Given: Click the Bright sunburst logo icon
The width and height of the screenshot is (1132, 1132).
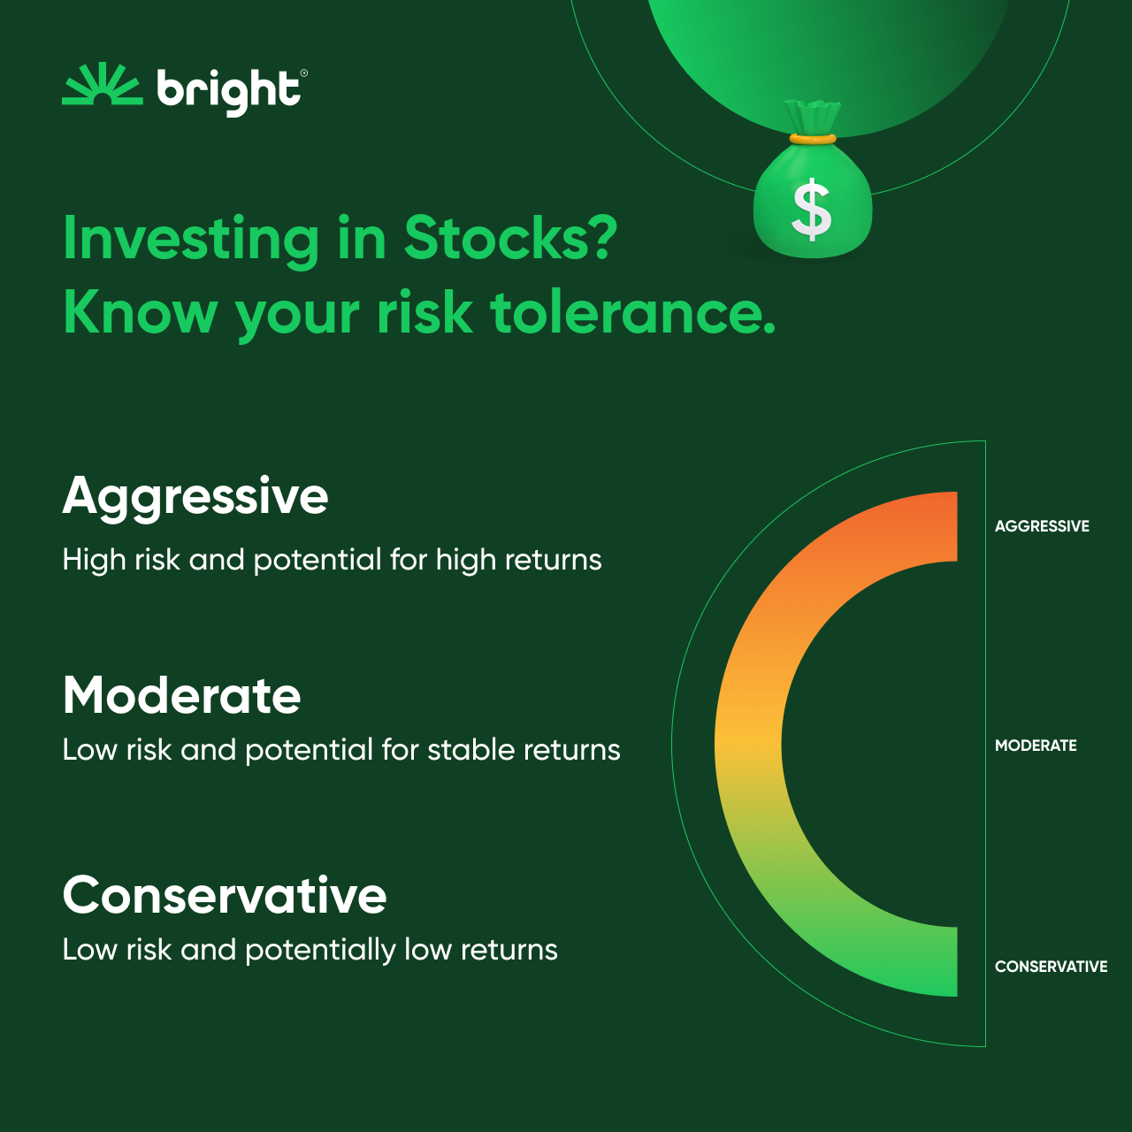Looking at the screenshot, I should coord(102,86).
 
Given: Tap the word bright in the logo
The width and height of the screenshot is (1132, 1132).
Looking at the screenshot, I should coord(228,90).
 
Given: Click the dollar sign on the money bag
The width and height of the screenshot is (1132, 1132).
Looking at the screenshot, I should coord(812,210).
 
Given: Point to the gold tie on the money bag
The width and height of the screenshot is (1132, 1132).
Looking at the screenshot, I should coord(813,139).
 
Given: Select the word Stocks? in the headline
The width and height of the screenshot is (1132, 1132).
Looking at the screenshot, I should coord(510,238).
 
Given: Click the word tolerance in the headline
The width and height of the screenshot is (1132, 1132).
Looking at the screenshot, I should coord(632,313).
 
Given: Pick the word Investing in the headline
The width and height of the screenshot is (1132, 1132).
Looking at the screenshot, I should coord(191,240).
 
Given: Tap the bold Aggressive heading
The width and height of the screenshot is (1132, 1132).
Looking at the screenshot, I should coord(195,496).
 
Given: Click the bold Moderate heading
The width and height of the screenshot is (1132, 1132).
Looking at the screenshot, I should coord(182,696).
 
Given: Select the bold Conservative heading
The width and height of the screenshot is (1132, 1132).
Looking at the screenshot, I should coord(225,895).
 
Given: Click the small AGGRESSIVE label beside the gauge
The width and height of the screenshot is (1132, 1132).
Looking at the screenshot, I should coord(1042,526).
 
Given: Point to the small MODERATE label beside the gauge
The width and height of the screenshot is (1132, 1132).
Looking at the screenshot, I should coord(1036,746).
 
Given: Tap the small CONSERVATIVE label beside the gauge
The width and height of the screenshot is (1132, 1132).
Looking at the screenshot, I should coord(1051,967).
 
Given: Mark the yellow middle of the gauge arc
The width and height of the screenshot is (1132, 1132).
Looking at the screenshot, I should coord(748,744).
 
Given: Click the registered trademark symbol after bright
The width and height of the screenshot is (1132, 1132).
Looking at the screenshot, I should coord(304,74).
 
